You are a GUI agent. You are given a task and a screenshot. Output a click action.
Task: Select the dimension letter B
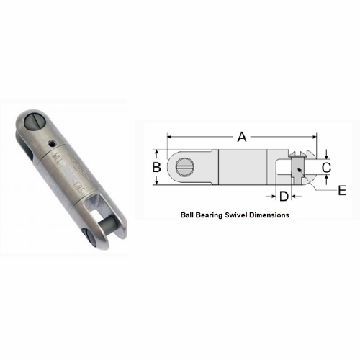[x=156, y=167]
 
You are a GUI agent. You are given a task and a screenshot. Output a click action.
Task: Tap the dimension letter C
[x=325, y=168]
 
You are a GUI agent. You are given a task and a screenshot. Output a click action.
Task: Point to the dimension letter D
[x=284, y=196]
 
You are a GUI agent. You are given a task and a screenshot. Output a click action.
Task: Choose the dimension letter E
[x=341, y=190]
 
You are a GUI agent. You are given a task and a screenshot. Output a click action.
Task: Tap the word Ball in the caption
[x=186, y=215]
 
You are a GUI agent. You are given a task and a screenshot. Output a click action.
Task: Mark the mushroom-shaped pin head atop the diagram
[x=298, y=153]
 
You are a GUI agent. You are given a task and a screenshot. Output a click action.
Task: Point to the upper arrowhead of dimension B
[x=157, y=151]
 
